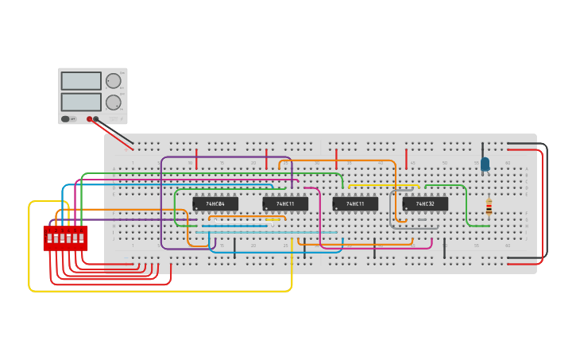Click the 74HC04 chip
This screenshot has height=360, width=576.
[x=215, y=204]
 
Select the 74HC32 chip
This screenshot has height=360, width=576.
[x=425, y=204]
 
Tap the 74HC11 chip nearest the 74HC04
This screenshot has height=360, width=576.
[x=285, y=204]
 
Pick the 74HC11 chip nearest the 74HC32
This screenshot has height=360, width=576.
[x=355, y=204]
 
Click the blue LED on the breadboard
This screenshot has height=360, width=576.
[x=485, y=164]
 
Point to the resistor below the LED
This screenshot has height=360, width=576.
[x=489, y=207]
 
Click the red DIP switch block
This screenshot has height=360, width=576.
[x=65, y=238]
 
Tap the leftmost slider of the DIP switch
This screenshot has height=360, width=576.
[x=49, y=238]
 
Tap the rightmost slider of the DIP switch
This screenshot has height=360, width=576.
[x=81, y=238]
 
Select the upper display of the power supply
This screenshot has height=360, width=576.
[x=81, y=81]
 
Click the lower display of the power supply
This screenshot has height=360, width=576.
[x=81, y=102]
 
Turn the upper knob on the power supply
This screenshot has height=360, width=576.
[x=114, y=81]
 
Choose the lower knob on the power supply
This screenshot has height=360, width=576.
[x=114, y=102]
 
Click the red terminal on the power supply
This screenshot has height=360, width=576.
[x=90, y=119]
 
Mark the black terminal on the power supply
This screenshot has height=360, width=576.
[x=96, y=119]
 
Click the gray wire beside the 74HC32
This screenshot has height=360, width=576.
[x=391, y=211]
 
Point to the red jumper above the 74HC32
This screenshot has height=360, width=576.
[x=407, y=158]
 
